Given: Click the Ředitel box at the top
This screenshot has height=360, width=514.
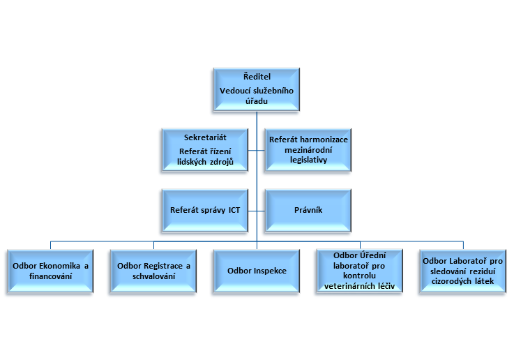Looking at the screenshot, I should [257, 89].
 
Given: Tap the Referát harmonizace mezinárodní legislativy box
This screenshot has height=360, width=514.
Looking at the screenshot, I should [308, 150].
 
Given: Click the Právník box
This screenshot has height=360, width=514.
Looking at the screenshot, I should [308, 209].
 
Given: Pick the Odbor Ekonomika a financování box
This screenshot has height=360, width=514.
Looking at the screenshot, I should [51, 271].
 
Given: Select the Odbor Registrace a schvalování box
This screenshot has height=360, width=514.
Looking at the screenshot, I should [153, 271].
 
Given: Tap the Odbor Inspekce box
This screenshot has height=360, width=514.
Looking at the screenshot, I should [257, 271].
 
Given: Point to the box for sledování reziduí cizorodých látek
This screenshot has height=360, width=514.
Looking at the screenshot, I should [462, 271].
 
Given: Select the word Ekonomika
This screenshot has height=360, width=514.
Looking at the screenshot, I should [62, 266].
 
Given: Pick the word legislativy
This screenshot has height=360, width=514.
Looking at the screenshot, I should [308, 160].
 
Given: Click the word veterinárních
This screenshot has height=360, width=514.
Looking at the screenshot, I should [348, 286].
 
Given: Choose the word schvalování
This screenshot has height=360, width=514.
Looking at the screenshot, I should [153, 276].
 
